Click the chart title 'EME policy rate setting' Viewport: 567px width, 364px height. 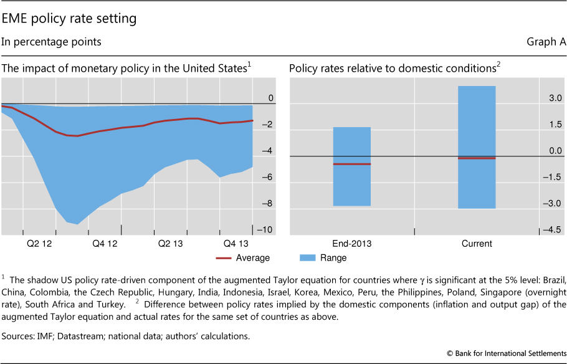(x=69, y=19)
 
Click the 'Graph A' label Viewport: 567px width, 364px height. (x=546, y=42)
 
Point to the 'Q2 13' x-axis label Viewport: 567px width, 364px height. (x=170, y=244)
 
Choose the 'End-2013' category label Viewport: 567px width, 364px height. (x=352, y=244)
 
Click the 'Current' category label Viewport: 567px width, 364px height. (x=477, y=244)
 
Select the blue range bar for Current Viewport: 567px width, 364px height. (x=477, y=118)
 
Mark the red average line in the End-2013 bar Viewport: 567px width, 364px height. (x=352, y=164)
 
